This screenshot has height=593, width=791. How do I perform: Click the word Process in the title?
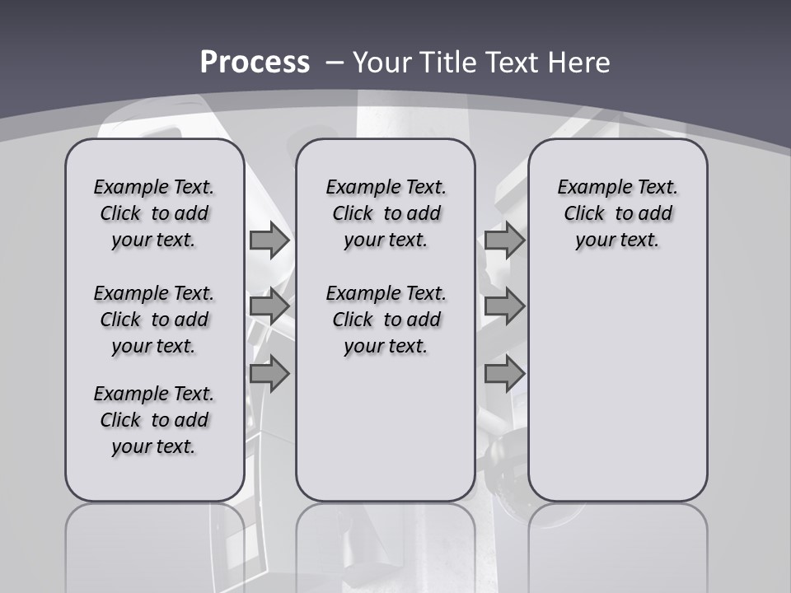click(255, 62)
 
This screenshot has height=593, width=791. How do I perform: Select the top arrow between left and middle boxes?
click(269, 240)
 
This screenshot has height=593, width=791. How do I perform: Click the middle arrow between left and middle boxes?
click(269, 306)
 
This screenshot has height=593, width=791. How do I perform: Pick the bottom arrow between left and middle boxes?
click(269, 373)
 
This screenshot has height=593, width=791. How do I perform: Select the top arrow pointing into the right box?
click(504, 240)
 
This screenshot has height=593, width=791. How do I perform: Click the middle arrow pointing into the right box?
click(504, 306)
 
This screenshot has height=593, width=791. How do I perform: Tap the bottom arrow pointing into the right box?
click(504, 373)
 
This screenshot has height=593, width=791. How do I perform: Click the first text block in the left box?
click(154, 213)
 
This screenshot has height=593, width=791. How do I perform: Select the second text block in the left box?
click(154, 320)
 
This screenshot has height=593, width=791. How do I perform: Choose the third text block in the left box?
click(154, 420)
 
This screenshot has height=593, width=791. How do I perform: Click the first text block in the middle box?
click(386, 213)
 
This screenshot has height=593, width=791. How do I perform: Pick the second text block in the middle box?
click(386, 320)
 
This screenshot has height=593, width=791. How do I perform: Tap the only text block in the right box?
click(618, 213)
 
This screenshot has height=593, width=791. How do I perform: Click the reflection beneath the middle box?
click(386, 544)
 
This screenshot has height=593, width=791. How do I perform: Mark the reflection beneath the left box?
click(155, 544)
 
